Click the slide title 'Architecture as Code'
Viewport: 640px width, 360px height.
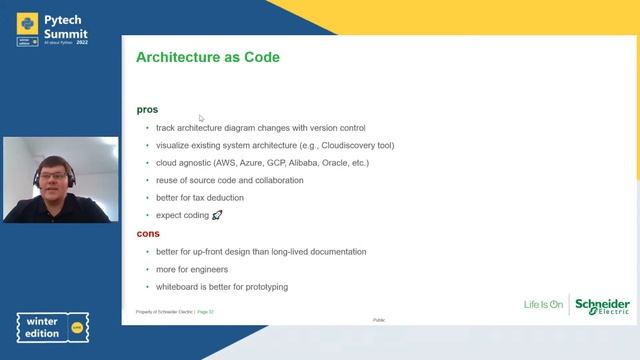207,58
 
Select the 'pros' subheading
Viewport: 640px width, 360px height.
147,109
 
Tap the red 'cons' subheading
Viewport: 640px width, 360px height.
148,233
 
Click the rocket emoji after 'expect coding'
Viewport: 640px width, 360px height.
217,215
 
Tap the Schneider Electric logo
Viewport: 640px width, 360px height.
603,305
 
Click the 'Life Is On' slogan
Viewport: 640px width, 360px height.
544,304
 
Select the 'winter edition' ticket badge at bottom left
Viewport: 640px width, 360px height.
51,328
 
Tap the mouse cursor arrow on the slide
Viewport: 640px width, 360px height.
201,118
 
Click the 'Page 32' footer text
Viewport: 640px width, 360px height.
205,312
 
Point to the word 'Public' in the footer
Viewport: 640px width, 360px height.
379,320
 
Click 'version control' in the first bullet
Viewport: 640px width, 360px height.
335,128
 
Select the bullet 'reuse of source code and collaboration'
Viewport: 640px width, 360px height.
229,180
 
